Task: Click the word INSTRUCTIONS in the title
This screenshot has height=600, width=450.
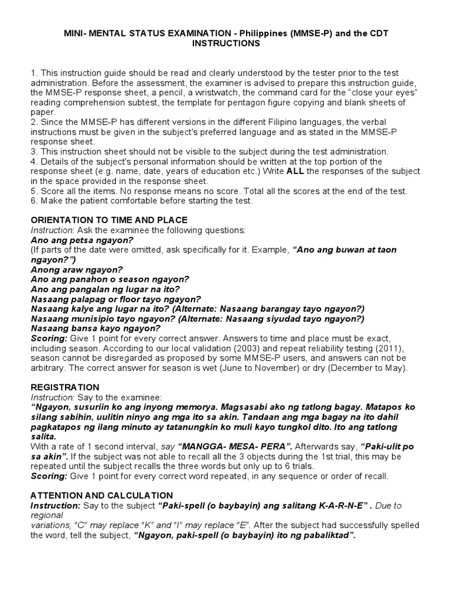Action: point(226,44)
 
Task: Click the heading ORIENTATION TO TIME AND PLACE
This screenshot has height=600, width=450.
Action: point(108,220)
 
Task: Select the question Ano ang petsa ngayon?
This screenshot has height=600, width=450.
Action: point(82,240)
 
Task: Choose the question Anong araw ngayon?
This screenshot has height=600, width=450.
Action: point(76,270)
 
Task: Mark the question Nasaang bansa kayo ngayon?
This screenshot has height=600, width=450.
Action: point(87,329)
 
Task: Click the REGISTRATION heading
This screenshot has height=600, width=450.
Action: point(64,388)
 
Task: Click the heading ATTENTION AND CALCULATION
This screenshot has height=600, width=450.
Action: point(101,496)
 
